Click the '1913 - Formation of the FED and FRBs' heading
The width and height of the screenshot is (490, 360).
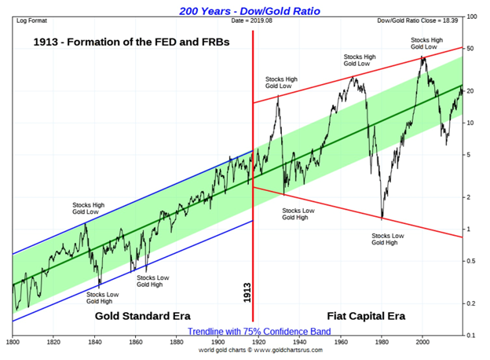tap(132, 42)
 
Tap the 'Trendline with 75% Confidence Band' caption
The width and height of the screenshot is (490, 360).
tap(245, 331)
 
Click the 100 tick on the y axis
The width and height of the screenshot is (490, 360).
tap(473, 17)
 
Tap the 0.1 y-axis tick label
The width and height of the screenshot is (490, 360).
tap(473, 336)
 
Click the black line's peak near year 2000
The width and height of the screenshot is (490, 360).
tap(423, 56)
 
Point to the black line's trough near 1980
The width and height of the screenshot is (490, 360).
tap(382, 219)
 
